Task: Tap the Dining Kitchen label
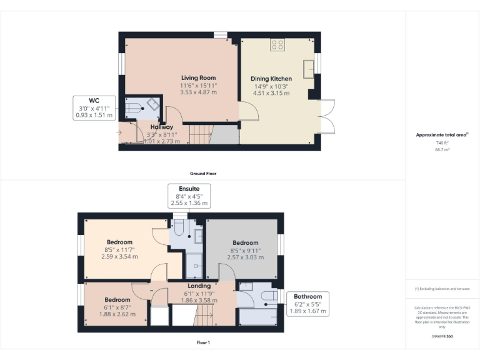(271, 79)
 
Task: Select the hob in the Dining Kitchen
(277, 45)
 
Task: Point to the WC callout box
(94, 107)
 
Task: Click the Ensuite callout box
(189, 195)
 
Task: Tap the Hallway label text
(161, 127)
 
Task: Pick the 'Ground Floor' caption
(202, 173)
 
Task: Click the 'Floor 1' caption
(202, 342)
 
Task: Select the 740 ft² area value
(442, 143)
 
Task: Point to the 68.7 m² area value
(442, 150)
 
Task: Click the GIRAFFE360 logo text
(442, 337)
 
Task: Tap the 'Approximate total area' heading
(441, 134)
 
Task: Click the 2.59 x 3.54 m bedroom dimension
(119, 256)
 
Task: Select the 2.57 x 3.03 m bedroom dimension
(245, 257)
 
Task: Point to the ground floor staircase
(200, 133)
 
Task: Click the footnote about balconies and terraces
(442, 289)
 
